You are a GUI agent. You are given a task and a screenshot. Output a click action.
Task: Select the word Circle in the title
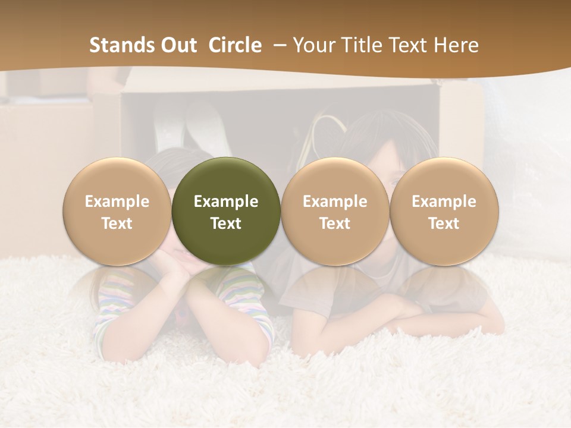pos(235,45)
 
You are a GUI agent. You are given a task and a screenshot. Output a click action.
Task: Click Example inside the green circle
pos(226,202)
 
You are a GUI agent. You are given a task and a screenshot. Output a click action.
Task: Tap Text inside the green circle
pos(226,224)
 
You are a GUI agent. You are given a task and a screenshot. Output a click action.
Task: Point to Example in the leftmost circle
pos(117,202)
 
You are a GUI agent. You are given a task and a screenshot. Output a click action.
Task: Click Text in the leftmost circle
pos(117,224)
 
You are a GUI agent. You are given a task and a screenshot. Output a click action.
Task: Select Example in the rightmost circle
pos(444,202)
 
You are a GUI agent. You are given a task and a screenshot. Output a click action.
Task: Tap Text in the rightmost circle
pos(444,224)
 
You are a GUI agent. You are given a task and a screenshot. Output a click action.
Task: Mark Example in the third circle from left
pos(335,202)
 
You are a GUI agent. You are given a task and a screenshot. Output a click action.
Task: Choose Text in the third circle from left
pos(335,224)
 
